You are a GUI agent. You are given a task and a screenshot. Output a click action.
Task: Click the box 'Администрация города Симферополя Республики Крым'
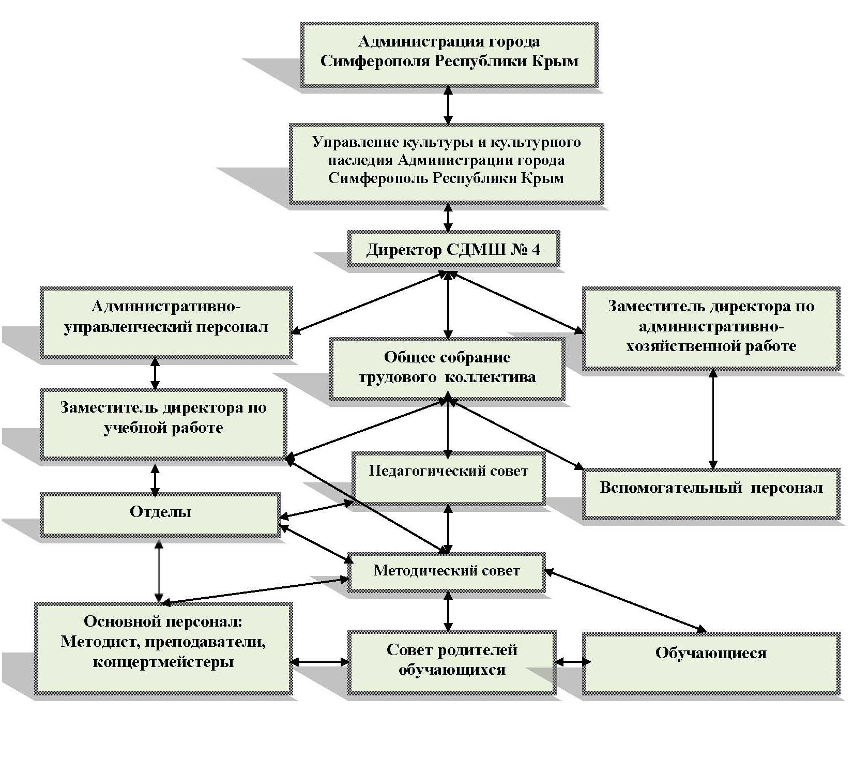tap(449, 54)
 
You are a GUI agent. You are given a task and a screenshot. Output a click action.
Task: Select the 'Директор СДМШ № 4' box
tap(453, 249)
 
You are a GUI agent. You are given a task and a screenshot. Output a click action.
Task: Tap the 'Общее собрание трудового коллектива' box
tap(447, 368)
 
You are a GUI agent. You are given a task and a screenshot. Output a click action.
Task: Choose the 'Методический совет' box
tap(447, 572)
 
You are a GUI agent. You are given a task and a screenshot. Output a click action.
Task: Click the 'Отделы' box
tap(160, 514)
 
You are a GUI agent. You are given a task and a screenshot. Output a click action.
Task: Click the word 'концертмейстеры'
tap(163, 662)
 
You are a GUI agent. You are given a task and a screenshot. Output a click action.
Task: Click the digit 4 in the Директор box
tap(536, 250)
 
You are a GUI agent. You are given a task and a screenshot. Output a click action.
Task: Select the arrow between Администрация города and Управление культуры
tap(448, 105)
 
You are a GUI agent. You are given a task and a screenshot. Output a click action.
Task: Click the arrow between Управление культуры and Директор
tap(448, 217)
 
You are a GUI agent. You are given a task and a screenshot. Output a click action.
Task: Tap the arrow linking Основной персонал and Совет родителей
tap(319, 662)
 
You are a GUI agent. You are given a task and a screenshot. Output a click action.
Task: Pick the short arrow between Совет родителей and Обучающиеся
tap(571, 662)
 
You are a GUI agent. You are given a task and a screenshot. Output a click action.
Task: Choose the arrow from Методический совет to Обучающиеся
tap(626, 601)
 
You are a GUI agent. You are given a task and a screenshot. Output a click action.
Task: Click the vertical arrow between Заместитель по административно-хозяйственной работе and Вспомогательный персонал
tap(713, 419)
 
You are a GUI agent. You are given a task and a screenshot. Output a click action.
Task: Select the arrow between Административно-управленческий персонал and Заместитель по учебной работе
tap(155, 373)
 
